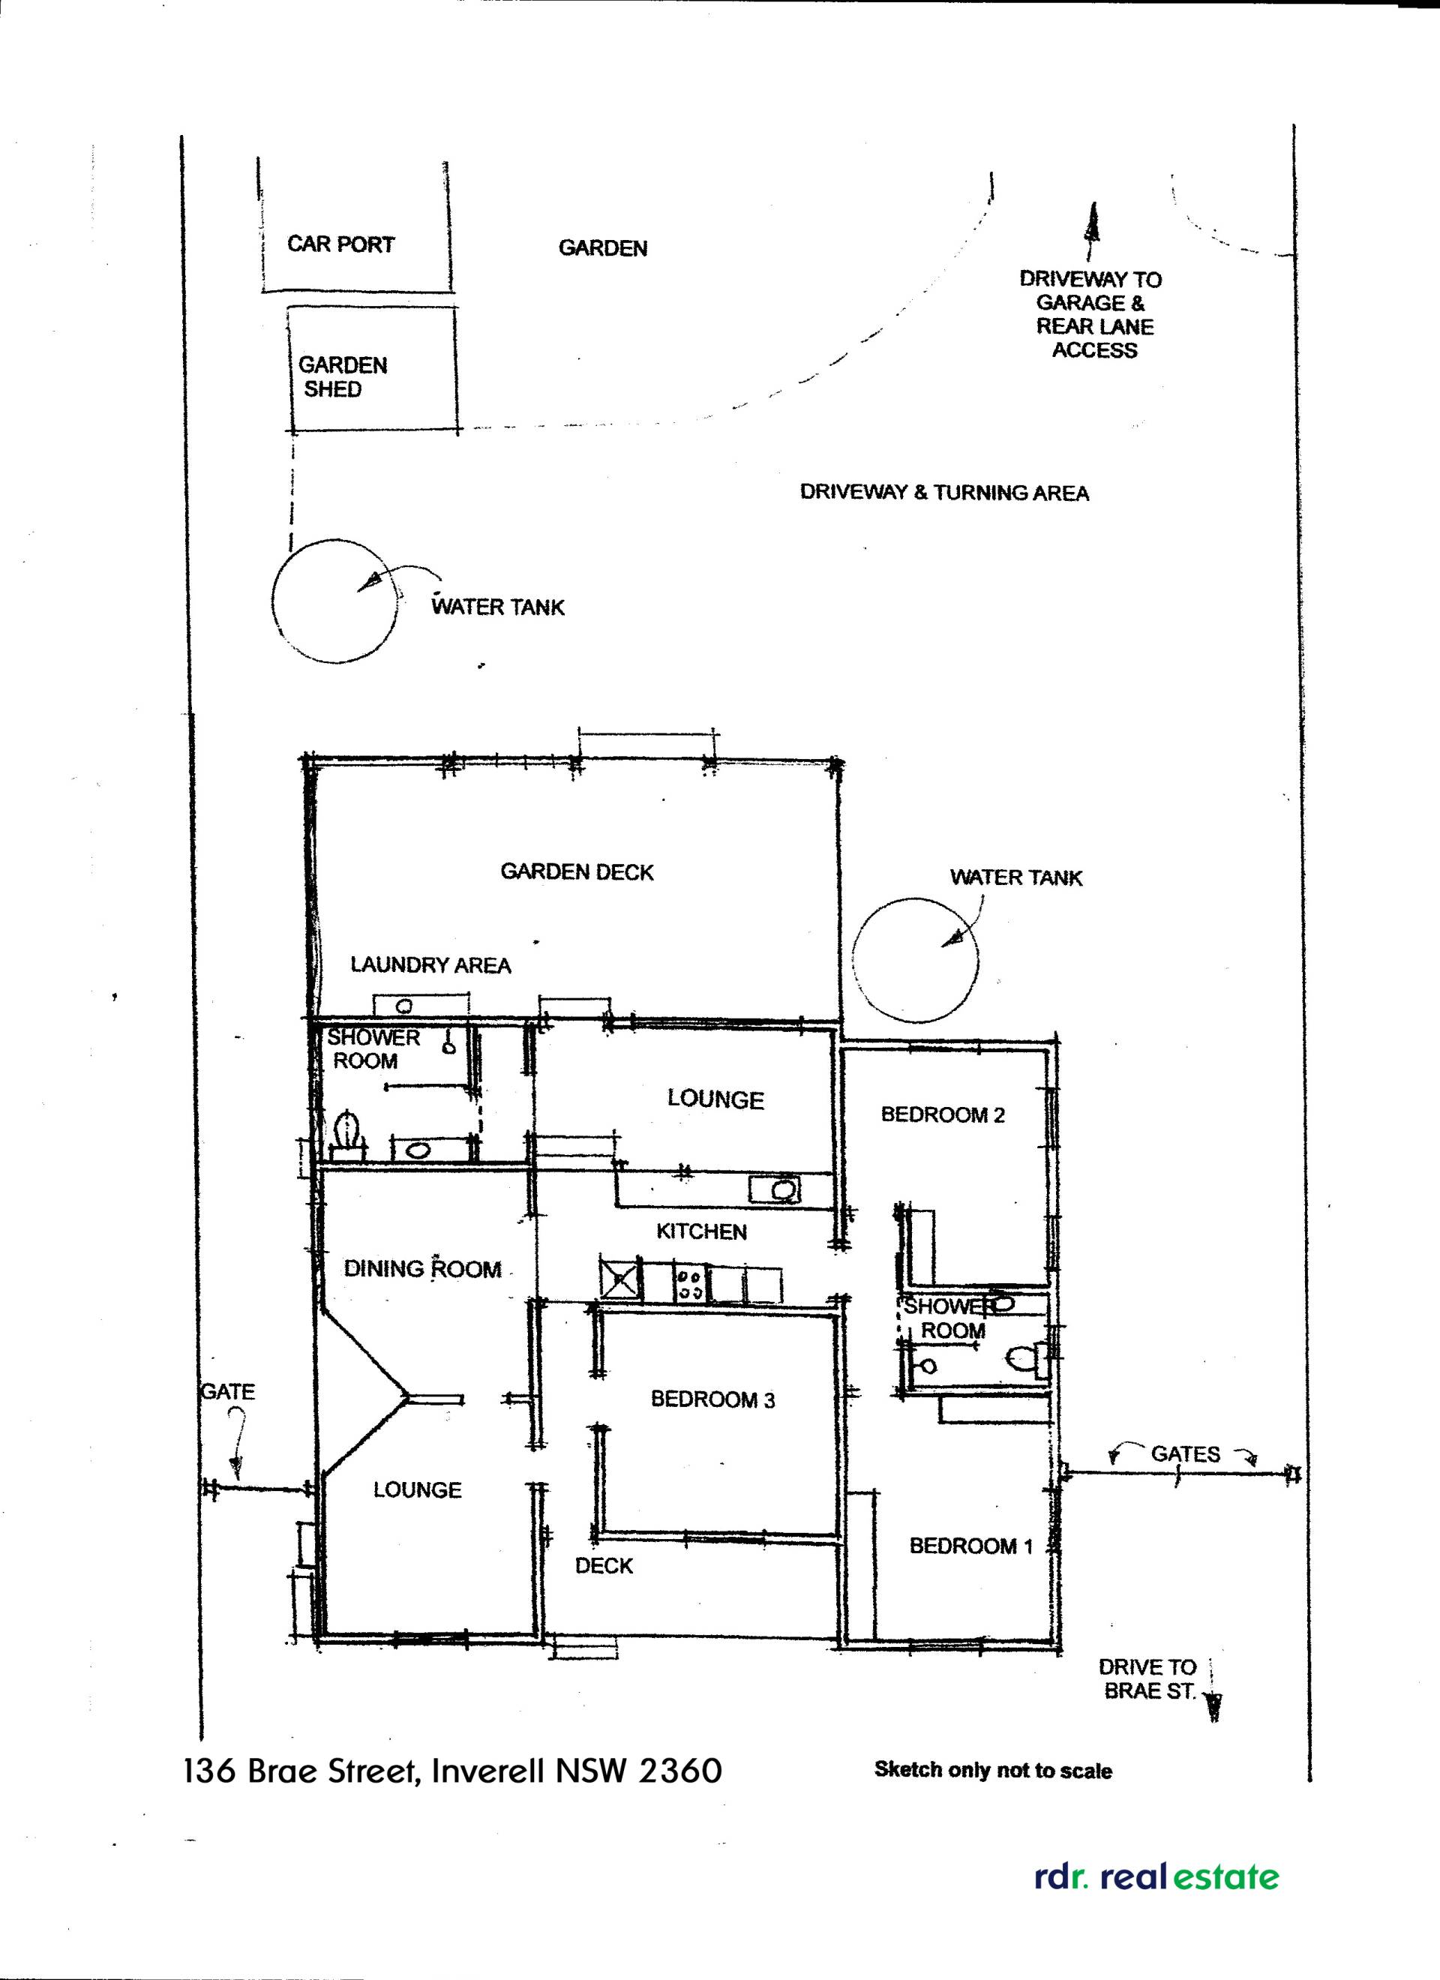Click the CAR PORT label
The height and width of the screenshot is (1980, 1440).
click(340, 244)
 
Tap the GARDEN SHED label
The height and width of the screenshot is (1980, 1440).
click(341, 377)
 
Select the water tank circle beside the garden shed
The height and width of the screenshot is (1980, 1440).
click(334, 601)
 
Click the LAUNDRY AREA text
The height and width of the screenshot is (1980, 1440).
click(430, 964)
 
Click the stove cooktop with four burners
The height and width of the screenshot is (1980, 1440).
click(691, 1282)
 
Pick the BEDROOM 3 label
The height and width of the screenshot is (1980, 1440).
click(712, 1399)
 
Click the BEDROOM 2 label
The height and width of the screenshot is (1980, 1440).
click(942, 1114)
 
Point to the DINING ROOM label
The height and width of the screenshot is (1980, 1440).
click(423, 1269)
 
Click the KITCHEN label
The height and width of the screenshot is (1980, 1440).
click(701, 1231)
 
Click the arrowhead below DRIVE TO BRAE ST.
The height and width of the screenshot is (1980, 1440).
click(1213, 1705)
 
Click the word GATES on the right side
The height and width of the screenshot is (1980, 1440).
click(1185, 1453)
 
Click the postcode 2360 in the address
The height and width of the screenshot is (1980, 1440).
click(680, 1771)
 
